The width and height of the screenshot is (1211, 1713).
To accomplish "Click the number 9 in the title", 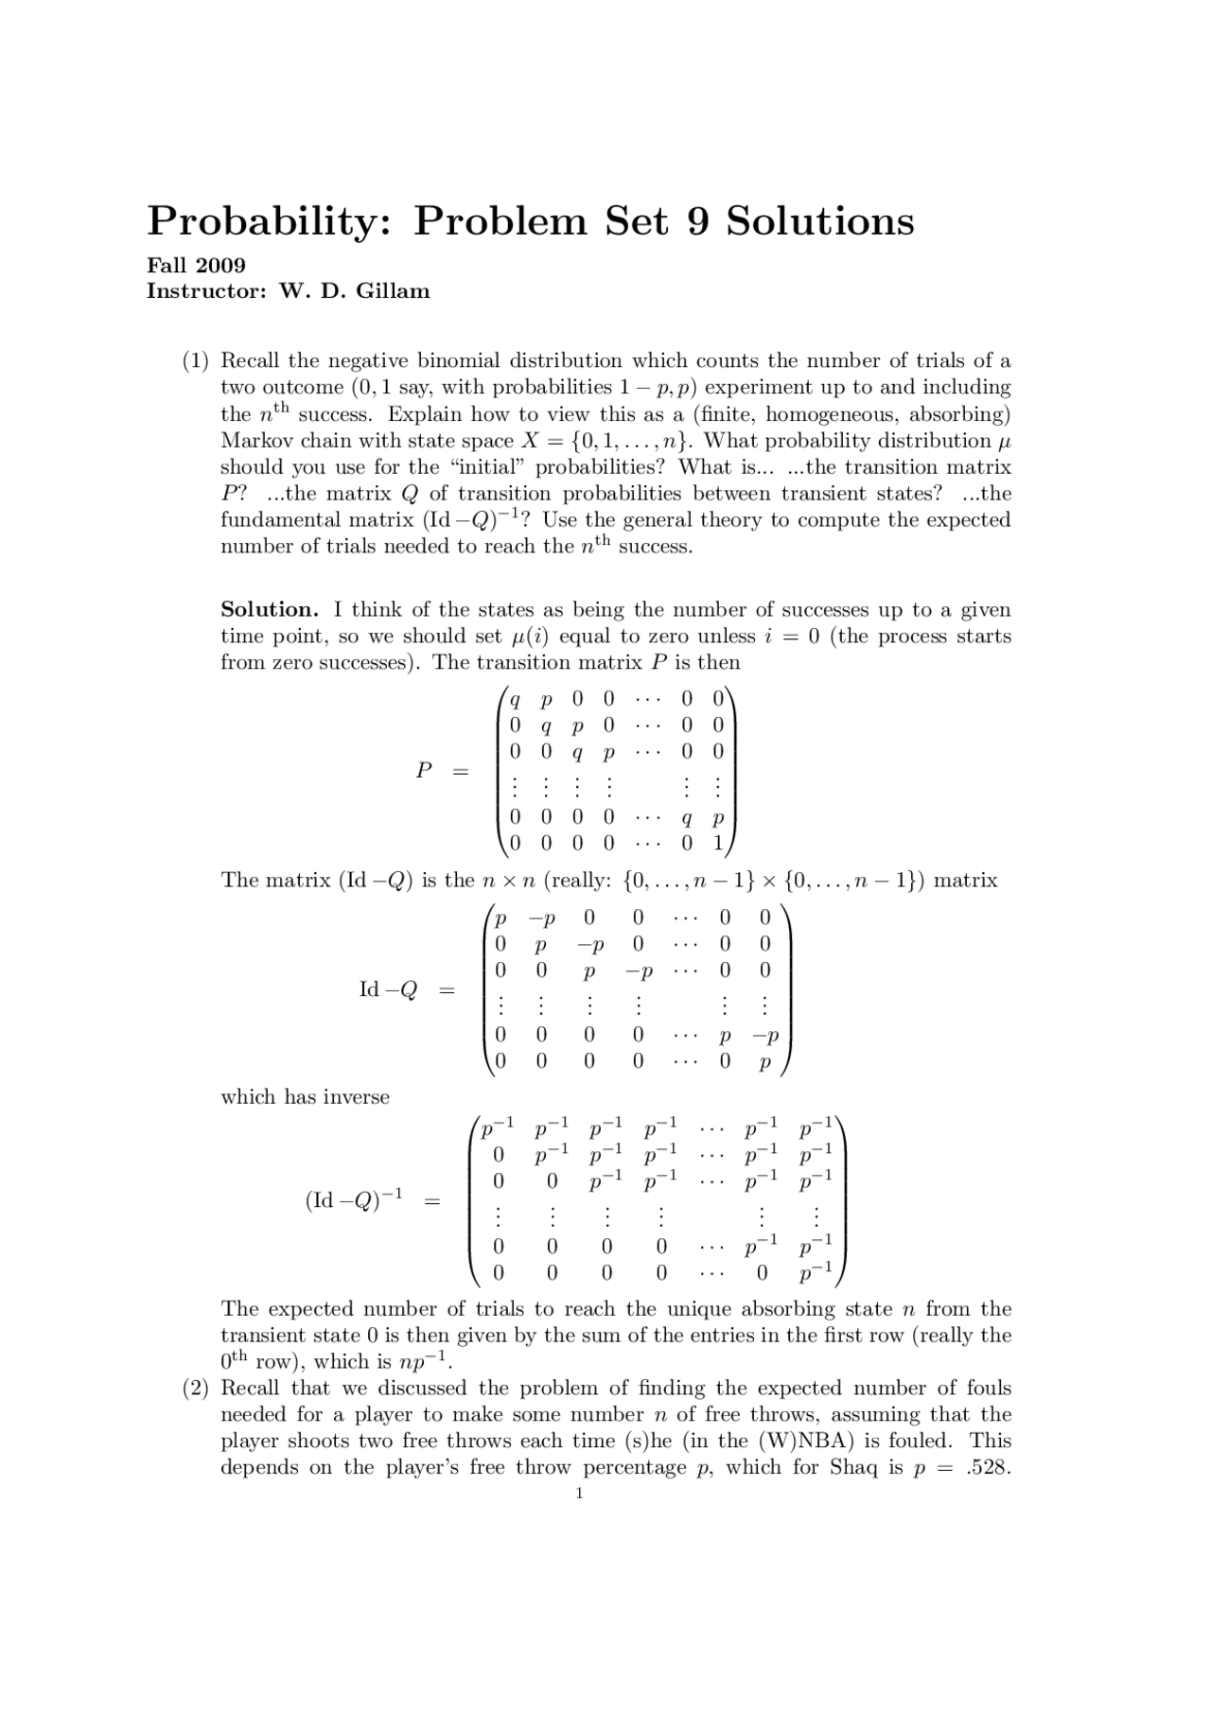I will tap(696, 220).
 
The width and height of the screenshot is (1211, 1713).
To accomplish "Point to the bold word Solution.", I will tap(269, 610).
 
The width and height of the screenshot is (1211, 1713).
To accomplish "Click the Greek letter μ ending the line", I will tap(1005, 442).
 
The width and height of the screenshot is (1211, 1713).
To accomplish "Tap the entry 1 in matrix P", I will tap(718, 842).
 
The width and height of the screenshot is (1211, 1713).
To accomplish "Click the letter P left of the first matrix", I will tap(424, 771).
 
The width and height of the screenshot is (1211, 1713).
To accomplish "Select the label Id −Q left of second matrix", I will tap(388, 990).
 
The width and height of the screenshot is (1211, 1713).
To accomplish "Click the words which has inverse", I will tap(305, 1097).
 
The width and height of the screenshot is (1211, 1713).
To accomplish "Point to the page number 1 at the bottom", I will tap(579, 1495).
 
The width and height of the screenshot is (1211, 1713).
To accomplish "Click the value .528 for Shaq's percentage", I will tap(991, 1468).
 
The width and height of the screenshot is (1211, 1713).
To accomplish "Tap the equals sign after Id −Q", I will tap(446, 990).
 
